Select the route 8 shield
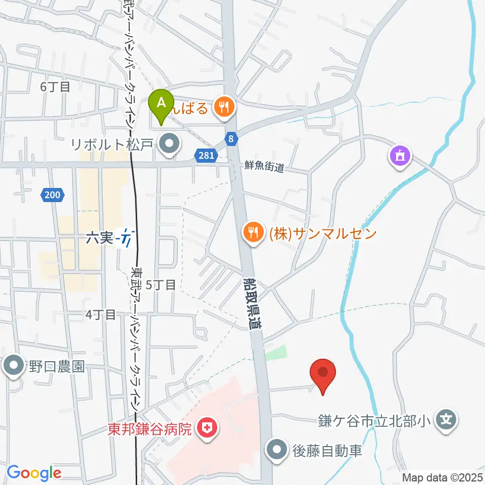(x=231, y=138)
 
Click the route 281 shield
(x=206, y=156)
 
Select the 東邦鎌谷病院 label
(x=150, y=429)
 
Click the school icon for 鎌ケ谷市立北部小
(x=447, y=419)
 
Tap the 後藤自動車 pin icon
(x=277, y=449)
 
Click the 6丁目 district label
(x=56, y=87)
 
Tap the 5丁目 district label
(x=161, y=285)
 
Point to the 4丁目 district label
(x=101, y=315)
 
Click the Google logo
(x=34, y=473)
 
